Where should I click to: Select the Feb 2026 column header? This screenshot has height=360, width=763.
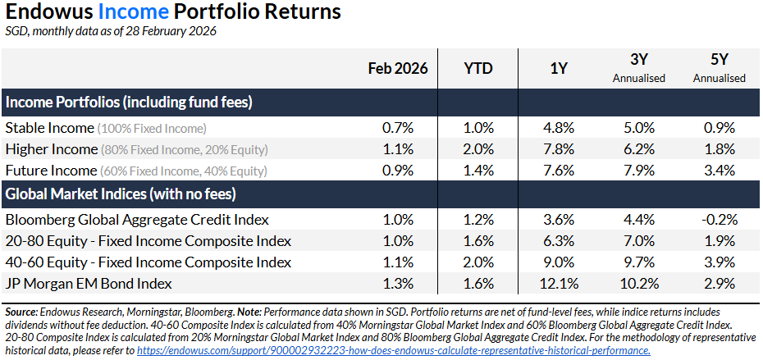click(398, 69)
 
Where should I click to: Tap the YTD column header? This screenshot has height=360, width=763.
click(478, 69)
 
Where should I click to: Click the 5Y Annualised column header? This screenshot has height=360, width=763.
click(719, 69)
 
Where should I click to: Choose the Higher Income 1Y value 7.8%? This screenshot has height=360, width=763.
click(559, 149)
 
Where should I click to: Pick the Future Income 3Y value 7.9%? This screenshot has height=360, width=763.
click(639, 171)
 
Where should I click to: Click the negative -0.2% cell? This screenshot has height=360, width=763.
click(719, 220)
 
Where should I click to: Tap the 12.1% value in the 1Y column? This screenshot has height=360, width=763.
click(559, 284)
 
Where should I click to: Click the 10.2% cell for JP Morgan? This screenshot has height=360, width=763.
click(639, 284)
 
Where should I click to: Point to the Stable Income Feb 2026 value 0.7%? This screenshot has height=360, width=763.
click(398, 128)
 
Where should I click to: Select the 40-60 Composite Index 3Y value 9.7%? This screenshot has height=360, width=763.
click(639, 262)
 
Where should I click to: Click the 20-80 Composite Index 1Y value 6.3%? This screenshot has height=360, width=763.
click(559, 241)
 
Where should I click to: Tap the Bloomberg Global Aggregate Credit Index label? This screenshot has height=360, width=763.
click(135, 220)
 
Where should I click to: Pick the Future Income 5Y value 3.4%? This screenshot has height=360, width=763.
click(719, 171)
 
